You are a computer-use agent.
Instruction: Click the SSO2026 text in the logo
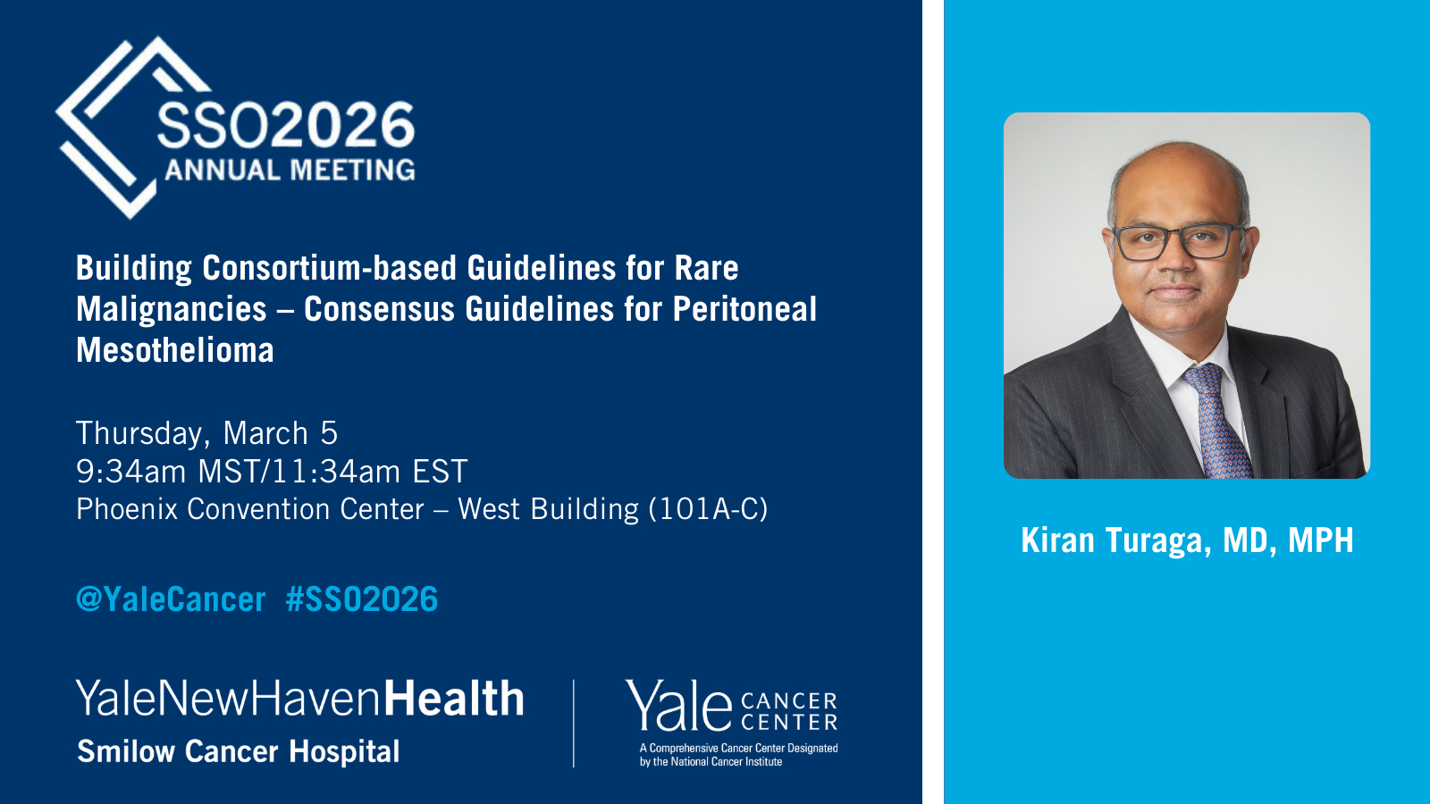[x=286, y=126]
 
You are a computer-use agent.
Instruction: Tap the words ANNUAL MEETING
[x=290, y=171]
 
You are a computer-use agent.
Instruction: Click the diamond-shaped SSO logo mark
[x=134, y=128]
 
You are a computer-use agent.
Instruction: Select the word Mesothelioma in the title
[x=175, y=350]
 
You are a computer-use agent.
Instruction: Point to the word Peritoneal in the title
[x=745, y=309]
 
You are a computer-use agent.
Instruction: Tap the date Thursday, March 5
[x=206, y=434]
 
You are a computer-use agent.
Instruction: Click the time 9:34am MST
[x=166, y=472]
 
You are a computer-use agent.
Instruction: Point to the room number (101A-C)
[x=708, y=509]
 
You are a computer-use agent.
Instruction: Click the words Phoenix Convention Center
[x=250, y=509]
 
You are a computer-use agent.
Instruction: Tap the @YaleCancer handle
[x=171, y=599]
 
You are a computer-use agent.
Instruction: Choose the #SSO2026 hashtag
[x=362, y=599]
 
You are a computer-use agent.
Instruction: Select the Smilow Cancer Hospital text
[x=238, y=751]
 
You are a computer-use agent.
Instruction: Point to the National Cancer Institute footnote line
[x=711, y=762]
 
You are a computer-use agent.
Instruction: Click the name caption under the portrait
[x=1187, y=540]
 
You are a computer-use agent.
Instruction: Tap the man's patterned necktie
[x=1218, y=421]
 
